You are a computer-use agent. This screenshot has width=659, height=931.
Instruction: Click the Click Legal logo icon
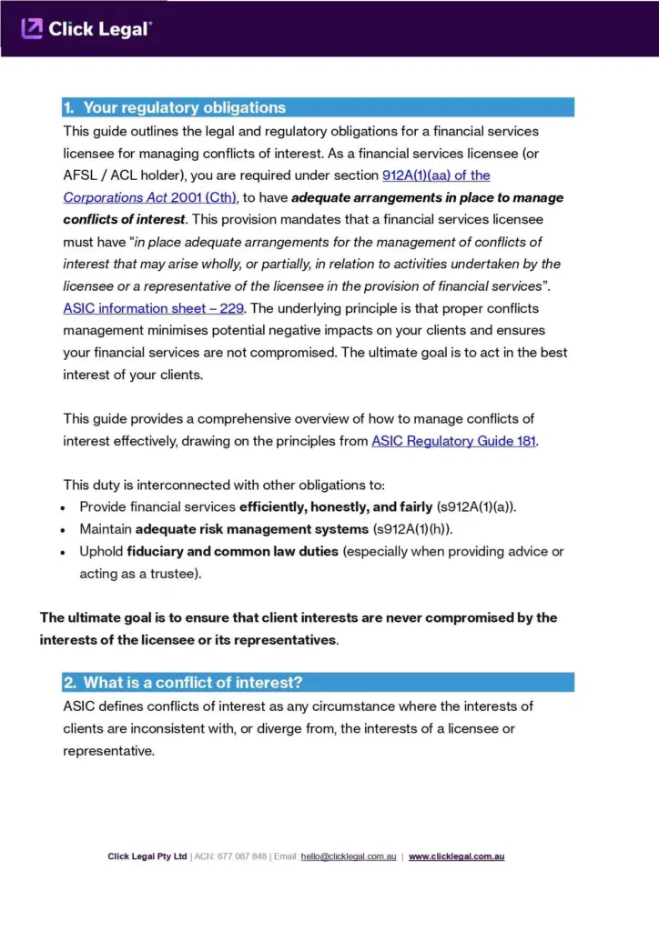(x=32, y=29)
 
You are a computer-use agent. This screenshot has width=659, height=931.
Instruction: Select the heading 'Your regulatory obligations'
(x=184, y=107)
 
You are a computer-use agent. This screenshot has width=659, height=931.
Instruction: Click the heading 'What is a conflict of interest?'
(x=193, y=682)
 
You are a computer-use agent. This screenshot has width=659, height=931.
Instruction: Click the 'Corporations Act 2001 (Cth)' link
(x=150, y=197)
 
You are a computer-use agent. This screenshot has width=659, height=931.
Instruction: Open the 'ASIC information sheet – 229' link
(x=153, y=308)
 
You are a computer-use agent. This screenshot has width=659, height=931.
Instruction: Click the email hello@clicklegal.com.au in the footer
(x=348, y=856)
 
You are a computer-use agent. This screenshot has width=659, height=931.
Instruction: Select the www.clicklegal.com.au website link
(x=456, y=856)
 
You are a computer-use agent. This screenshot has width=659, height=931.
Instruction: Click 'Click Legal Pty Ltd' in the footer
(x=147, y=856)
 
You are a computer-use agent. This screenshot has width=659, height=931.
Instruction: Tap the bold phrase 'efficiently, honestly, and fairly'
(x=336, y=506)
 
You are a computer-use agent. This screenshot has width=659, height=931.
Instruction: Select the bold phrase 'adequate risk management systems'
(x=252, y=529)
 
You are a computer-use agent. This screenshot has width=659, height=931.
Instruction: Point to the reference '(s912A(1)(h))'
(x=412, y=529)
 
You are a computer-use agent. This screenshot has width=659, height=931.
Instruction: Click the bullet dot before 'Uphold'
(x=63, y=553)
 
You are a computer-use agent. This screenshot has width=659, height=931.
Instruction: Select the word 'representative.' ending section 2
(x=108, y=751)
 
